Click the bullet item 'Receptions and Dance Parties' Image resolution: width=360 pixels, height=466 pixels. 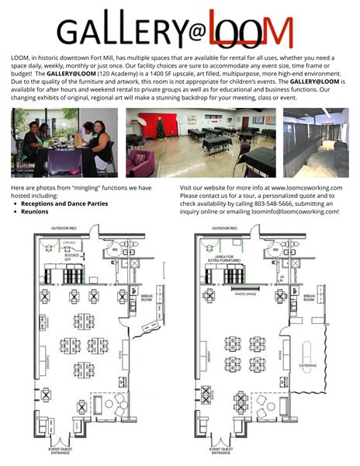[64, 203]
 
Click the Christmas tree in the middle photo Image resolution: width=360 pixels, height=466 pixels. [161, 127]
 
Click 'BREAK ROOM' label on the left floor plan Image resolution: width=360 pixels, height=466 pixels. [146, 297]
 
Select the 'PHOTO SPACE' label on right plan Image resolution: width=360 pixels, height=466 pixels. [246, 294]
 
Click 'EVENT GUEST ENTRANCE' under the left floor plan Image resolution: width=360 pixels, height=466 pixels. [61, 451]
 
